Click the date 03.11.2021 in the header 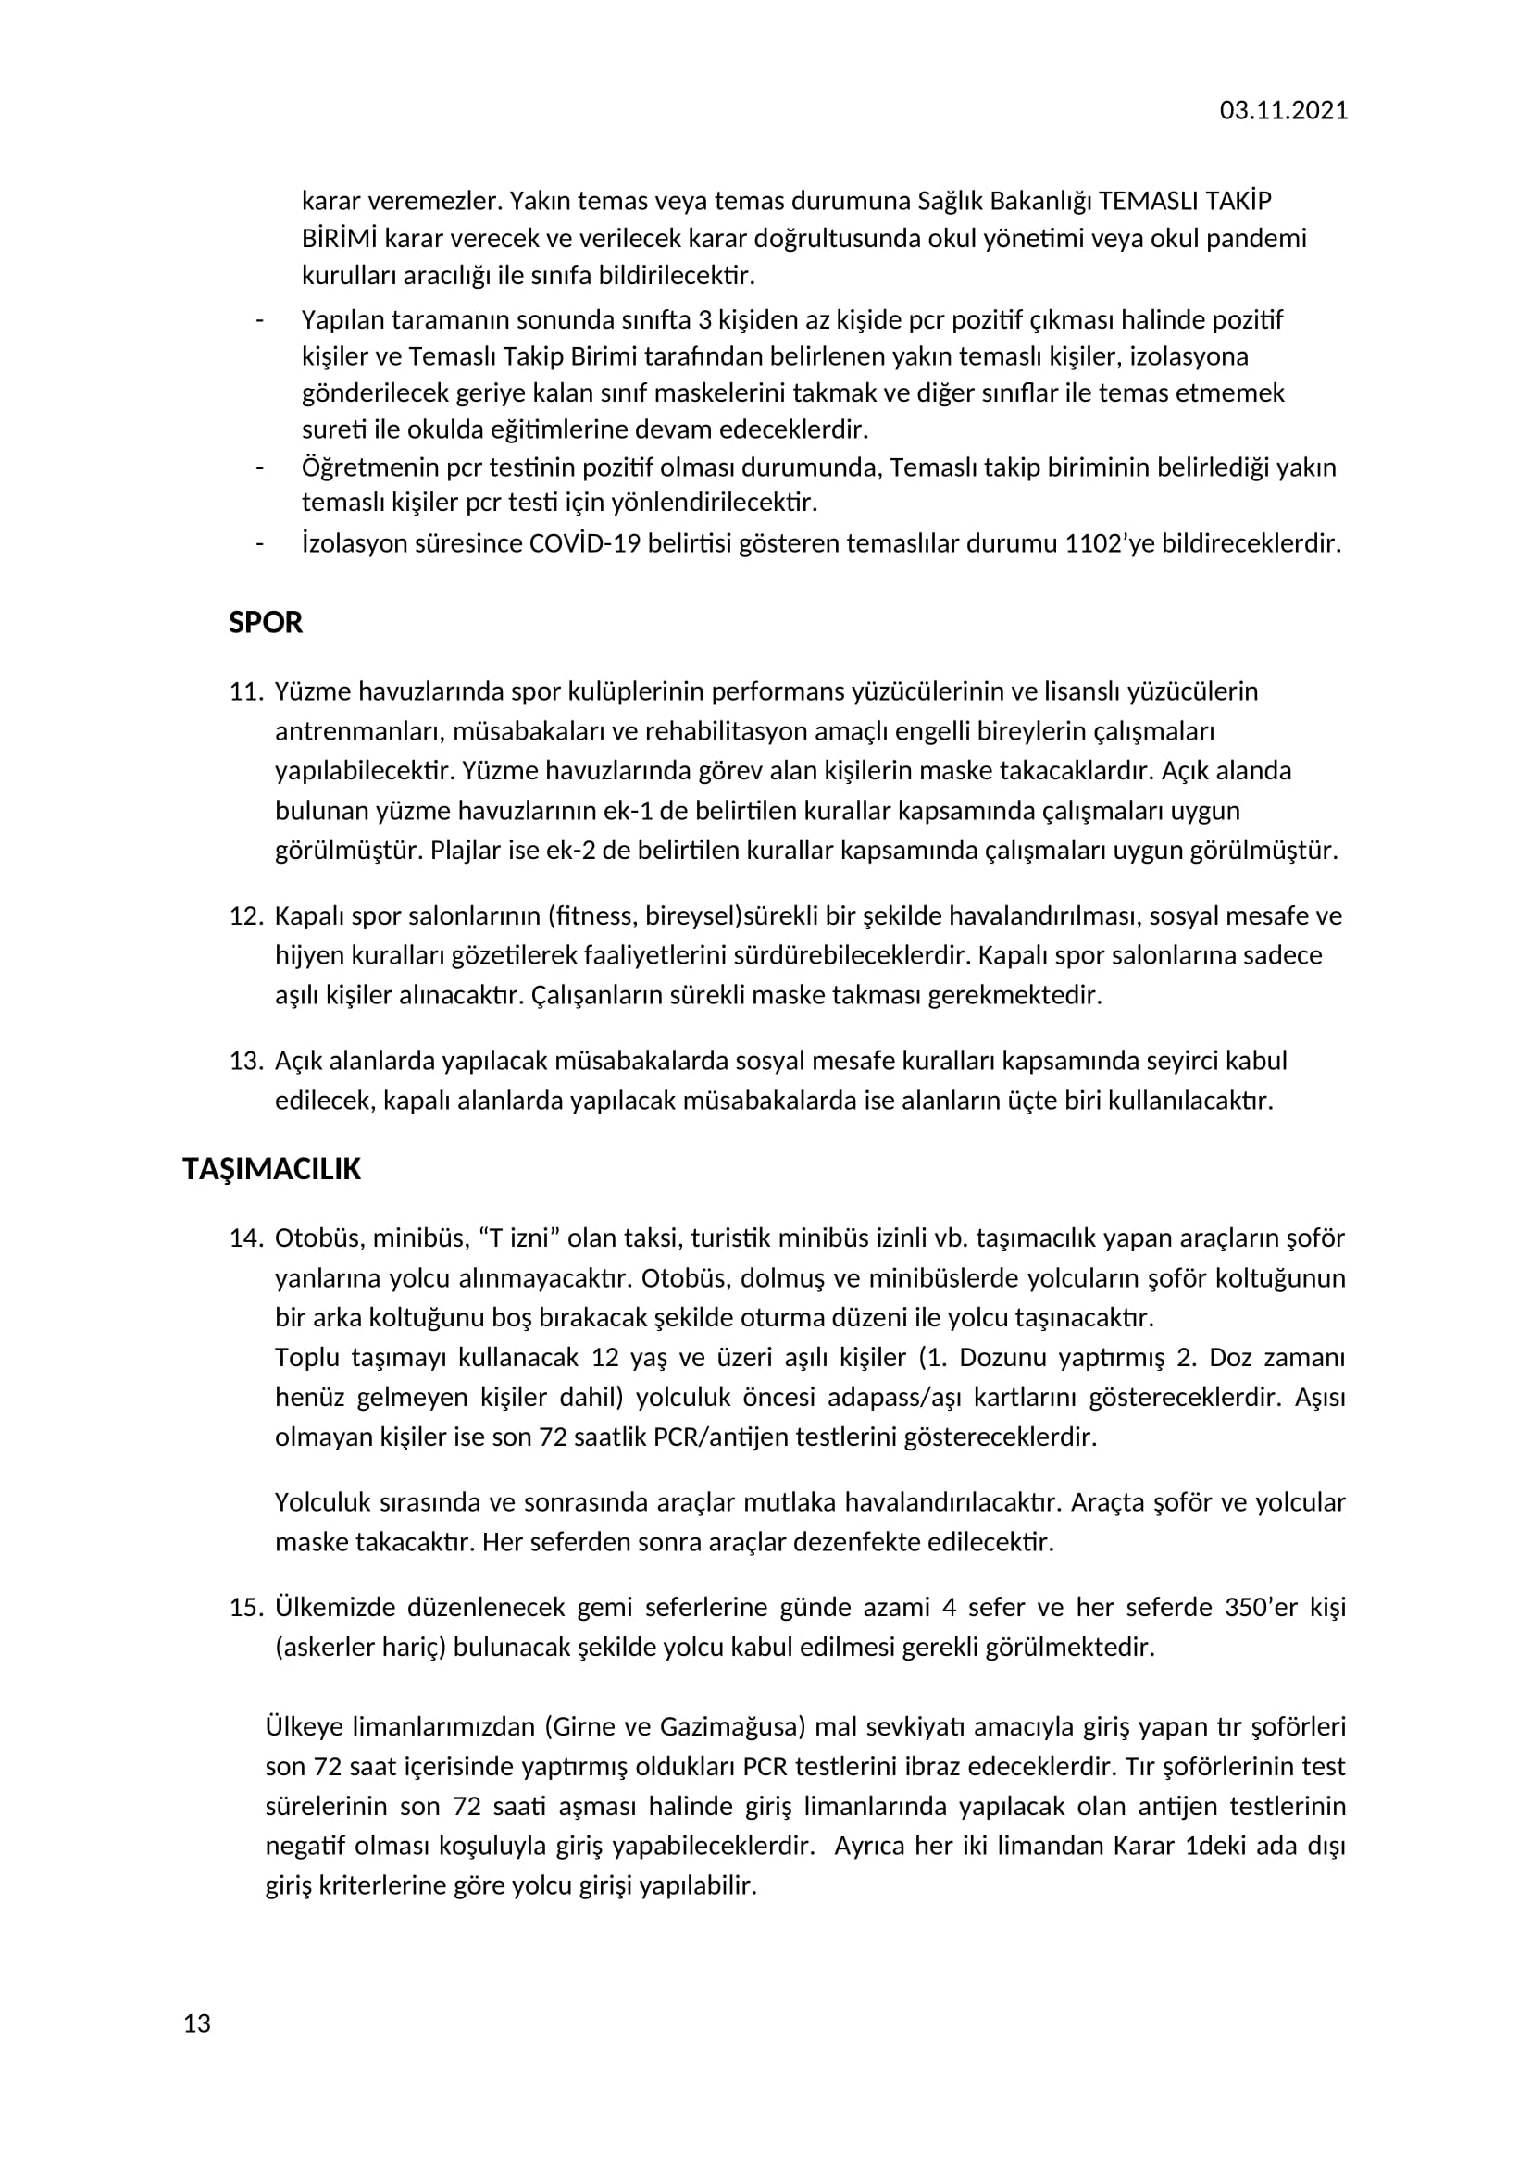click(1283, 110)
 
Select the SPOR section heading click(266, 622)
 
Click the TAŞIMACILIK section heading click(271, 1169)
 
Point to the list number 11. click(245, 692)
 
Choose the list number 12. click(245, 915)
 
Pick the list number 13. click(245, 1061)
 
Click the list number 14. click(245, 1238)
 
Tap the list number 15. click(245, 1607)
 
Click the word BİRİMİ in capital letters click(340, 239)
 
